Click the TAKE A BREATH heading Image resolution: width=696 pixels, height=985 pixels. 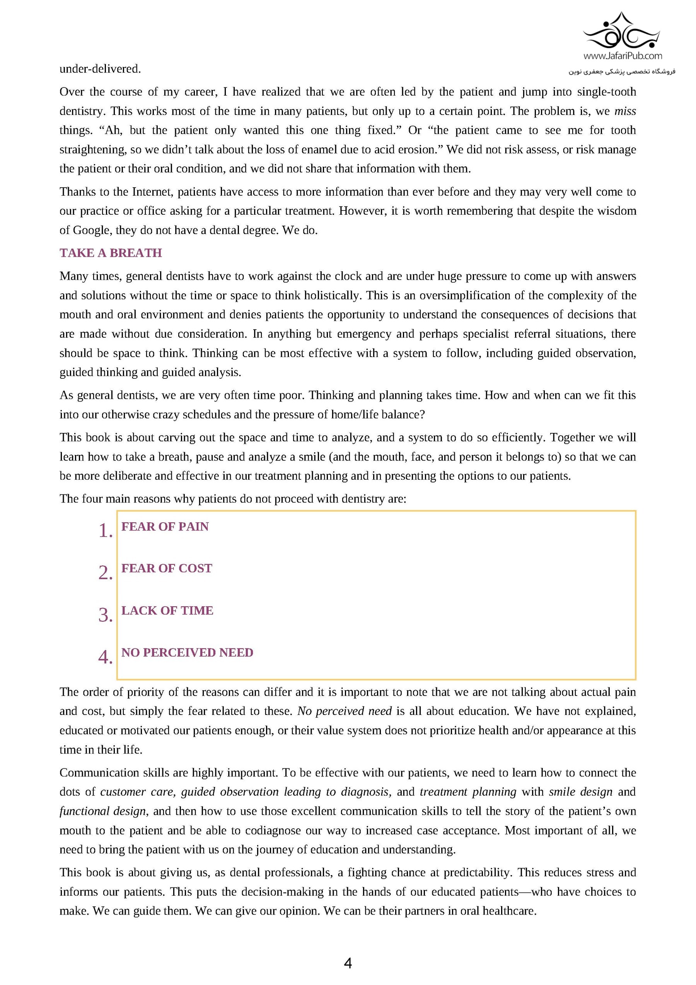tap(111, 253)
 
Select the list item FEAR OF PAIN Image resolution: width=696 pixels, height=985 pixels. tap(165, 527)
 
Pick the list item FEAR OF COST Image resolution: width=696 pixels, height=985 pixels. tap(166, 568)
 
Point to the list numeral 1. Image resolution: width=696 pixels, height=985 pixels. tap(105, 531)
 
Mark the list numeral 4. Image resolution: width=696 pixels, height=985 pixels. tap(105, 657)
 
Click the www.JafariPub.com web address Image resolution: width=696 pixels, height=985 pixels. tap(622, 56)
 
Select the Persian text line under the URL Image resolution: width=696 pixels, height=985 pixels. tap(622, 71)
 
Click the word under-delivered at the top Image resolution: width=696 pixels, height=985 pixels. tap(100, 68)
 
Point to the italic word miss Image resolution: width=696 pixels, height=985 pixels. tap(625, 111)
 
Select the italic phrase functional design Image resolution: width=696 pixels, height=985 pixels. tap(103, 811)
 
